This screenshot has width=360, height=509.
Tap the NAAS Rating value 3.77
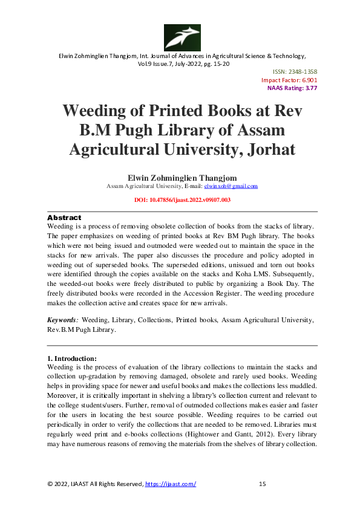click(x=310, y=88)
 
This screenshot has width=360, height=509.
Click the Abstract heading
click(x=64, y=217)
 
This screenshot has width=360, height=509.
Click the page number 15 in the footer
click(x=262, y=484)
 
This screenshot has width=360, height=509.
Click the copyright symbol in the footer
click(x=50, y=484)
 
